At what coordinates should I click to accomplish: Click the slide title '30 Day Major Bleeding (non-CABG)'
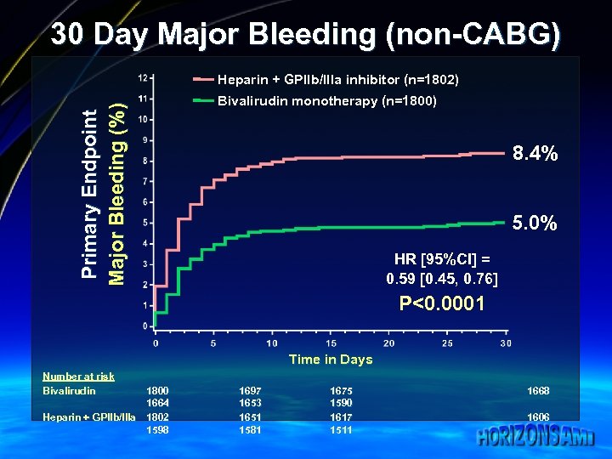click(x=305, y=35)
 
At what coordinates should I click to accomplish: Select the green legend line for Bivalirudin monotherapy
click(x=203, y=101)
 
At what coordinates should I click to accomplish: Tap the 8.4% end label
click(x=535, y=154)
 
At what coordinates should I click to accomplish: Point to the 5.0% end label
click(x=535, y=224)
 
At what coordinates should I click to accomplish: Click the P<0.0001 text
click(x=442, y=304)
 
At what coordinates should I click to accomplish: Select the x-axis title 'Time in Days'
click(x=331, y=360)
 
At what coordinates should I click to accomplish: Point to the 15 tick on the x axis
click(x=330, y=343)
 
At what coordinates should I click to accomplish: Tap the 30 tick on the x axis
click(x=506, y=343)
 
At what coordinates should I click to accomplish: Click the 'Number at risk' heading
click(x=78, y=377)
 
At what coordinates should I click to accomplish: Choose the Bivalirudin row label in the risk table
click(x=69, y=391)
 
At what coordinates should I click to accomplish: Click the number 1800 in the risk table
click(x=157, y=391)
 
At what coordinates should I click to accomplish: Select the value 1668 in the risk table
click(x=538, y=391)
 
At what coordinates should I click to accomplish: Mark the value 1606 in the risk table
click(x=538, y=417)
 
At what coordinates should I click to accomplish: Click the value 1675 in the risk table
click(x=341, y=391)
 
